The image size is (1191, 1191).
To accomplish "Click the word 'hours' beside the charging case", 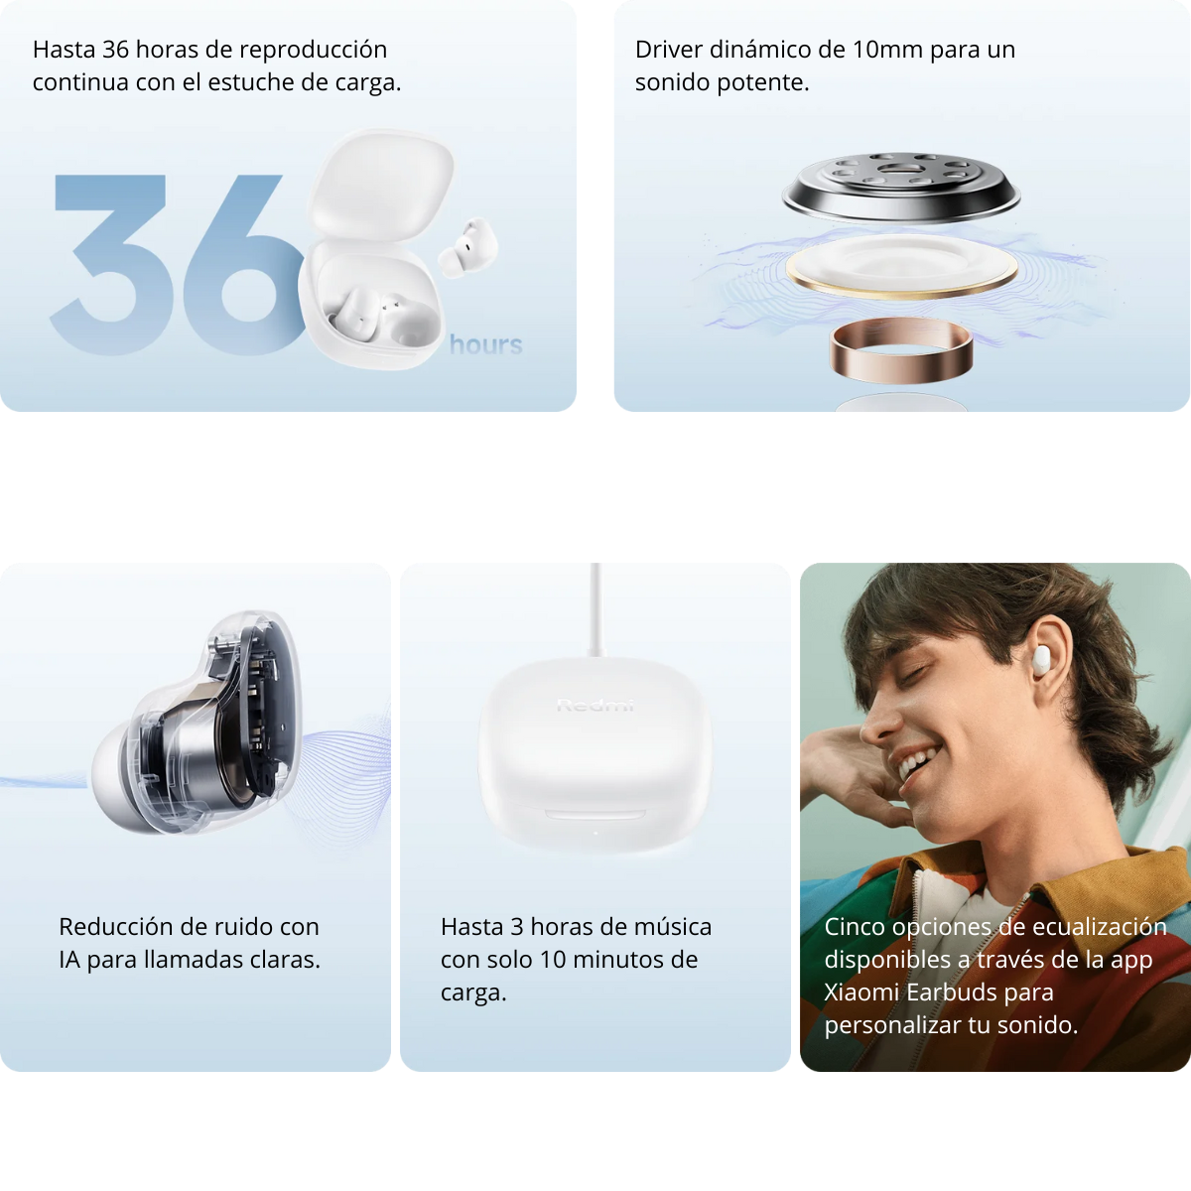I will (485, 344).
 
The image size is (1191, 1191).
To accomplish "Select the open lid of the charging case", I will (382, 184).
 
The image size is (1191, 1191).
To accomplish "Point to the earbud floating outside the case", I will (466, 248).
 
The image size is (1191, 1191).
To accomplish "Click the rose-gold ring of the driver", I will (900, 349).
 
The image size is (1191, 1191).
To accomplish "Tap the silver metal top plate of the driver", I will (900, 184).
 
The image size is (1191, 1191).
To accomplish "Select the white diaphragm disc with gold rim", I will (901, 265).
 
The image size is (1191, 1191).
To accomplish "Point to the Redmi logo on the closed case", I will (595, 706).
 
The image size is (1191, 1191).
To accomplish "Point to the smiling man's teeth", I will (915, 763).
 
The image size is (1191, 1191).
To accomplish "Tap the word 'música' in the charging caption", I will (670, 927).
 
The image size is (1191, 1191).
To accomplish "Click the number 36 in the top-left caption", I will (115, 50).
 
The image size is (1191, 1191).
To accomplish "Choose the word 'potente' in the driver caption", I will (768, 82).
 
